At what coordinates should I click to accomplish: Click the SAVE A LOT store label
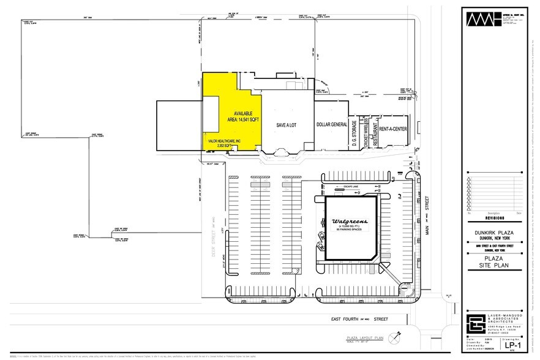point(287,124)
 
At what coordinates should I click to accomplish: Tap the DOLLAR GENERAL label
point(331,124)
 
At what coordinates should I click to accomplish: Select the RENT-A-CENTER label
point(393,129)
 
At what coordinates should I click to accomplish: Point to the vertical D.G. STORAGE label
point(354,131)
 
